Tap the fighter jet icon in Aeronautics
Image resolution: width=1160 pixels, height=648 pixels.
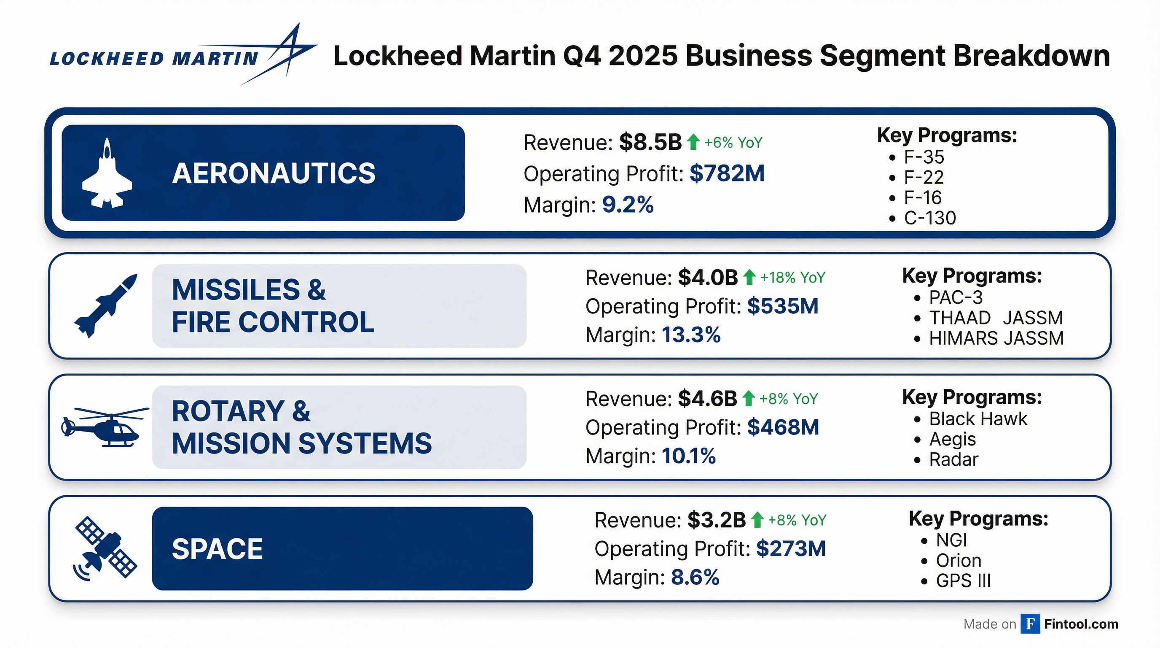[x=107, y=173]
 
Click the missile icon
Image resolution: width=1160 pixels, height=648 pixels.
[x=106, y=305]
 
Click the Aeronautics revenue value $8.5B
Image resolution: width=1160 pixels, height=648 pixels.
[x=650, y=143]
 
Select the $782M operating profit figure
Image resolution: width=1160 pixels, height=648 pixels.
[x=727, y=173]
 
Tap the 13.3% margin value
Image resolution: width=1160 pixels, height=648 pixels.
[x=691, y=335]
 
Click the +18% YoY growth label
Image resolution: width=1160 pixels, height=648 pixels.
[x=792, y=278]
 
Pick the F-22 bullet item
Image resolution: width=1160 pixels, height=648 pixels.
[x=923, y=178]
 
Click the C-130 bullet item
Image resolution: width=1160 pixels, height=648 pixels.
[x=929, y=218]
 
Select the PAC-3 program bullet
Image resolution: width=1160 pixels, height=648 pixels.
[x=956, y=297]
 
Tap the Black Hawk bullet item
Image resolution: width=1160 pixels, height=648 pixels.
[x=978, y=419]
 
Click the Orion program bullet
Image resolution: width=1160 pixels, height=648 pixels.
[x=958, y=561]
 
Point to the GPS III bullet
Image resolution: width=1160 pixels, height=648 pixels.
[x=963, y=581]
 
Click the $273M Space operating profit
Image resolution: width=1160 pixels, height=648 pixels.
[x=791, y=549]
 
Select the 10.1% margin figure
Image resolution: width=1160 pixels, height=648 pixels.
[x=688, y=456]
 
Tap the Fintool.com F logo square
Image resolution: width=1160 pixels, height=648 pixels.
[x=1030, y=624]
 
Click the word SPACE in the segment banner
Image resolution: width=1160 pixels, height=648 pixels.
[x=217, y=549]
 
